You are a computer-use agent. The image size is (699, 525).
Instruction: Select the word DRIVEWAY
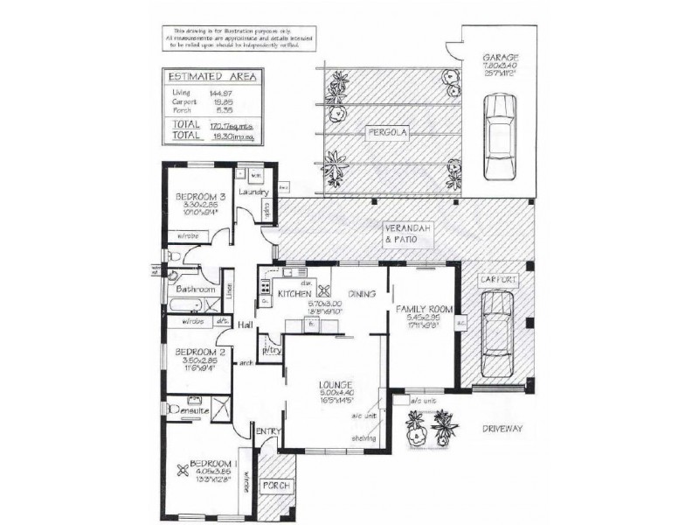point(501,429)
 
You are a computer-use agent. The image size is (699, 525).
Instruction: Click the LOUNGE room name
point(336,385)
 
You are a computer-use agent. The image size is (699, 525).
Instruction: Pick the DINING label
point(361,295)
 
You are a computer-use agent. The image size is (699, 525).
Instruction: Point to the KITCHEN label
point(294,296)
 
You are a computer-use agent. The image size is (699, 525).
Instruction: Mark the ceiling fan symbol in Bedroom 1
point(182,472)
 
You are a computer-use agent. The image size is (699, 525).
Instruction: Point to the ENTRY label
point(266,430)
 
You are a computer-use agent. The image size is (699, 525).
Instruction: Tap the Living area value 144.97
point(220,92)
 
